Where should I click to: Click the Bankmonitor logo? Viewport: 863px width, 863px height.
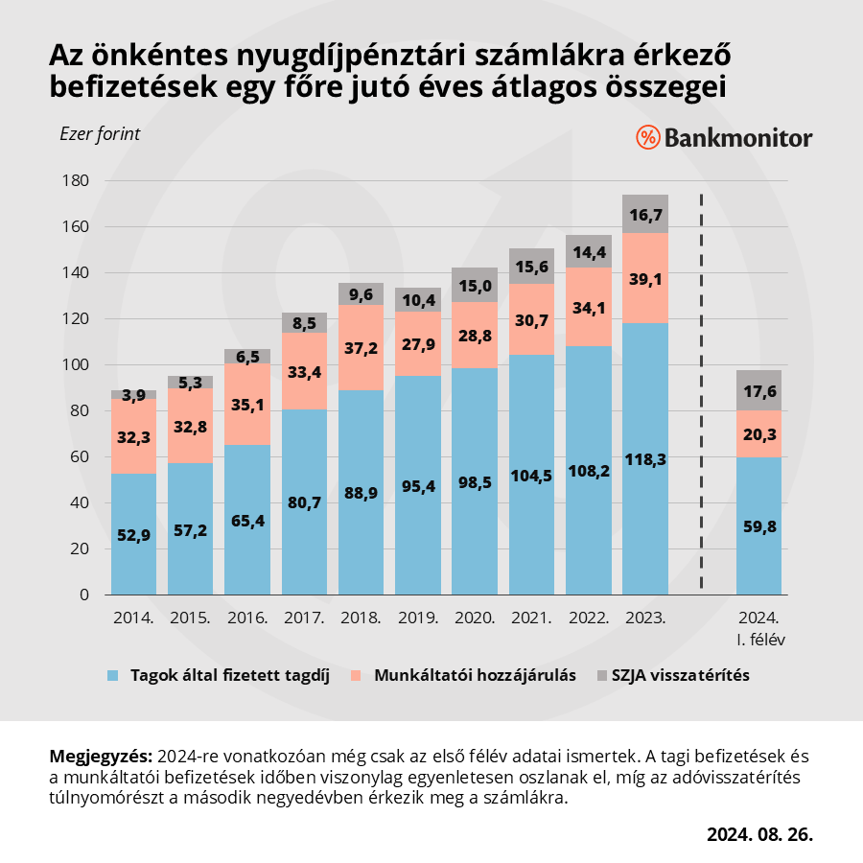(x=724, y=138)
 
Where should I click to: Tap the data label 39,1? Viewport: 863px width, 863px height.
(x=645, y=279)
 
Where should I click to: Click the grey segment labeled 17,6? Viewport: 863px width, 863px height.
(x=758, y=390)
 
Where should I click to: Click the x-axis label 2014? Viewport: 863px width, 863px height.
(x=133, y=618)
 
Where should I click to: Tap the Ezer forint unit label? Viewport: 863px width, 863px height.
(x=100, y=134)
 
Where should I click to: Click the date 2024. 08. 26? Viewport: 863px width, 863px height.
(x=759, y=833)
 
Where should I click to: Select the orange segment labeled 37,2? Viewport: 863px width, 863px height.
(x=362, y=347)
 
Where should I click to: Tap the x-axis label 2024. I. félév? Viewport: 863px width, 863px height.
(x=758, y=628)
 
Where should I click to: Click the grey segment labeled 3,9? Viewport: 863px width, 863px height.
(x=133, y=394)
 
